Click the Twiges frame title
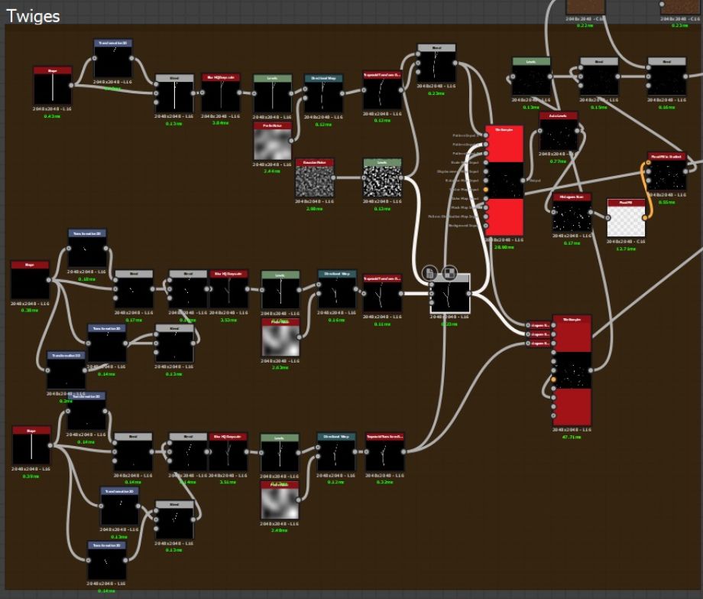(x=34, y=16)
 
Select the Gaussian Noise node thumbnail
(x=314, y=183)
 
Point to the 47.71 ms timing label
(x=572, y=438)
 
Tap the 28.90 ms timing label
(x=504, y=248)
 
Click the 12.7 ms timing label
(x=627, y=248)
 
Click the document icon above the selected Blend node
(x=429, y=273)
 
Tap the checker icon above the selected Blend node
(x=449, y=273)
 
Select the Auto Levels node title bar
(x=559, y=116)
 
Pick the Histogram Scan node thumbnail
(x=572, y=216)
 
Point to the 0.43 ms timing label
(x=52, y=116)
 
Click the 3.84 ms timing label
(x=221, y=122)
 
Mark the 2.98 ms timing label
(x=314, y=208)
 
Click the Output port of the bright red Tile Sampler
(x=524, y=181)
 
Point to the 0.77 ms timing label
(x=559, y=161)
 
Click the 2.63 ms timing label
(x=280, y=367)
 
